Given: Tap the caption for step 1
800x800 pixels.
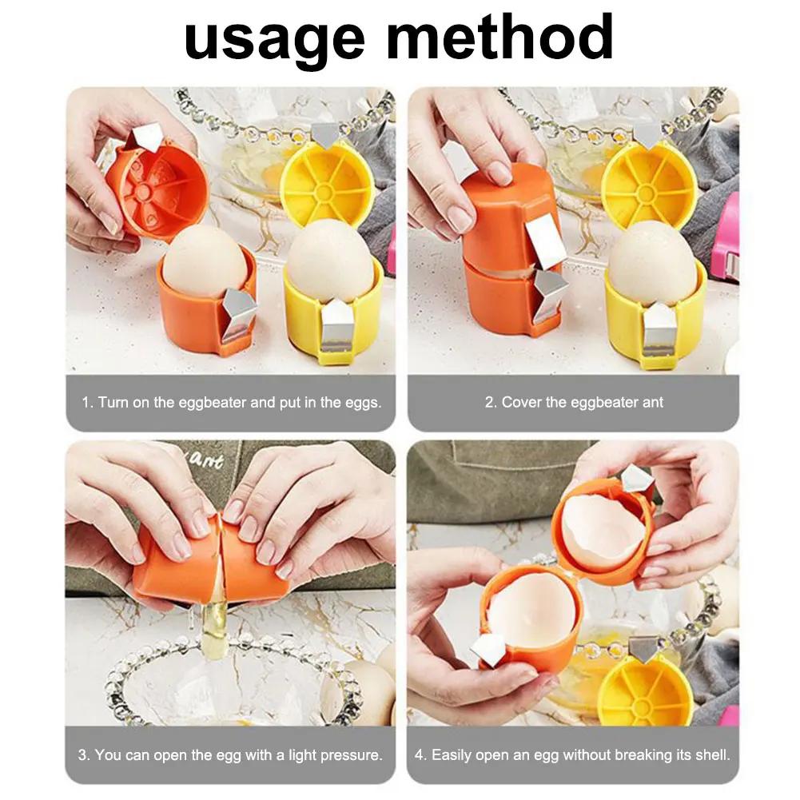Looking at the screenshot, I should [x=231, y=402].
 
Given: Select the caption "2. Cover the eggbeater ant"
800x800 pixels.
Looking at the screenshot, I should [x=574, y=402].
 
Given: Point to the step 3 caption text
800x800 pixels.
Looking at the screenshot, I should [x=231, y=754].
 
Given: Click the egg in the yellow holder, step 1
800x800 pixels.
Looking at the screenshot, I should [x=329, y=260].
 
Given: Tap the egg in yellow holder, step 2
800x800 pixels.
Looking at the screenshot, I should [x=651, y=260].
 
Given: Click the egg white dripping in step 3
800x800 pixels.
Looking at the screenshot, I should [x=215, y=619].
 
